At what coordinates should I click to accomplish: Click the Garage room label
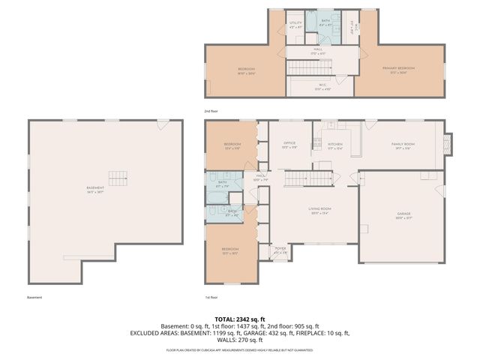point(403,215)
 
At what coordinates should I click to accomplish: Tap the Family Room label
point(403,145)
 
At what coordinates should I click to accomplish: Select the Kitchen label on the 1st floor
point(334,145)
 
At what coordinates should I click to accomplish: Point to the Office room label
point(289,145)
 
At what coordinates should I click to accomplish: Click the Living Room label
point(320,211)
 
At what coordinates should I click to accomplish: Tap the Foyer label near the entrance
point(280,250)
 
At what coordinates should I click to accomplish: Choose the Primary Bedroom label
point(398,69)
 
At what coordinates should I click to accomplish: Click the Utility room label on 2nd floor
point(296,25)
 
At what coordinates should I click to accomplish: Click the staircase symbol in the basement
point(118,178)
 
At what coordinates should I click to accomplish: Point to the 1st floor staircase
point(309,179)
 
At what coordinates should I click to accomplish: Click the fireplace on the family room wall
point(448,144)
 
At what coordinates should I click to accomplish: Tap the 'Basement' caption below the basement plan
point(34,298)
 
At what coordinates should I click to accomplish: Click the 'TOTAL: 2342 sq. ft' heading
point(239,319)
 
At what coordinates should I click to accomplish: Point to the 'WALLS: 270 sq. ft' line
point(239,340)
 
